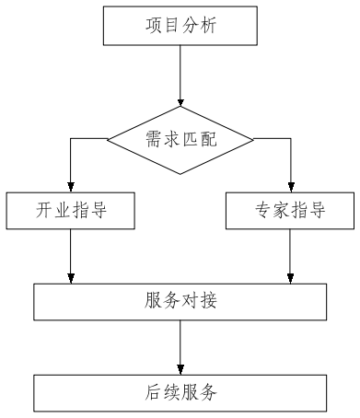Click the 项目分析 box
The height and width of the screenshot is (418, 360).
[180, 26]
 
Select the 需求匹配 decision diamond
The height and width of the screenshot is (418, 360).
[180, 140]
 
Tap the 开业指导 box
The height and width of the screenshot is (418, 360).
[71, 211]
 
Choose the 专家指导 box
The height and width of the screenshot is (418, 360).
[290, 211]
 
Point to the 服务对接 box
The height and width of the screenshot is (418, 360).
[180, 301]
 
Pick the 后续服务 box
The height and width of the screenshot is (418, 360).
[180, 392]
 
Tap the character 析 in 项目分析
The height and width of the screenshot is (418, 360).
[208, 26]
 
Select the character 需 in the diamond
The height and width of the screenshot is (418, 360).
[154, 140]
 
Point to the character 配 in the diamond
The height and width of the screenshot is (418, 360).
[208, 140]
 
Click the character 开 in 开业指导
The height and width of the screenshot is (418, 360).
[44, 211]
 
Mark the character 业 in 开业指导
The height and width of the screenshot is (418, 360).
[63, 211]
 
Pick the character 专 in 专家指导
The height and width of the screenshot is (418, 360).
[263, 211]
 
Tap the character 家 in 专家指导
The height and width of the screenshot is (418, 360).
[282, 211]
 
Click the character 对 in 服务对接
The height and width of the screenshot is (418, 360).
[190, 301]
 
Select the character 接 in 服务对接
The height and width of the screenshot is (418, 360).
[208, 301]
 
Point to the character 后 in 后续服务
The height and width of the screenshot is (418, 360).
[154, 392]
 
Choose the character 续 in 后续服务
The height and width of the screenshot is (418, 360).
[172, 392]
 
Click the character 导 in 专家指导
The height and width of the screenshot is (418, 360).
[318, 211]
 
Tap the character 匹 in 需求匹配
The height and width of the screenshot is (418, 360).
[190, 140]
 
